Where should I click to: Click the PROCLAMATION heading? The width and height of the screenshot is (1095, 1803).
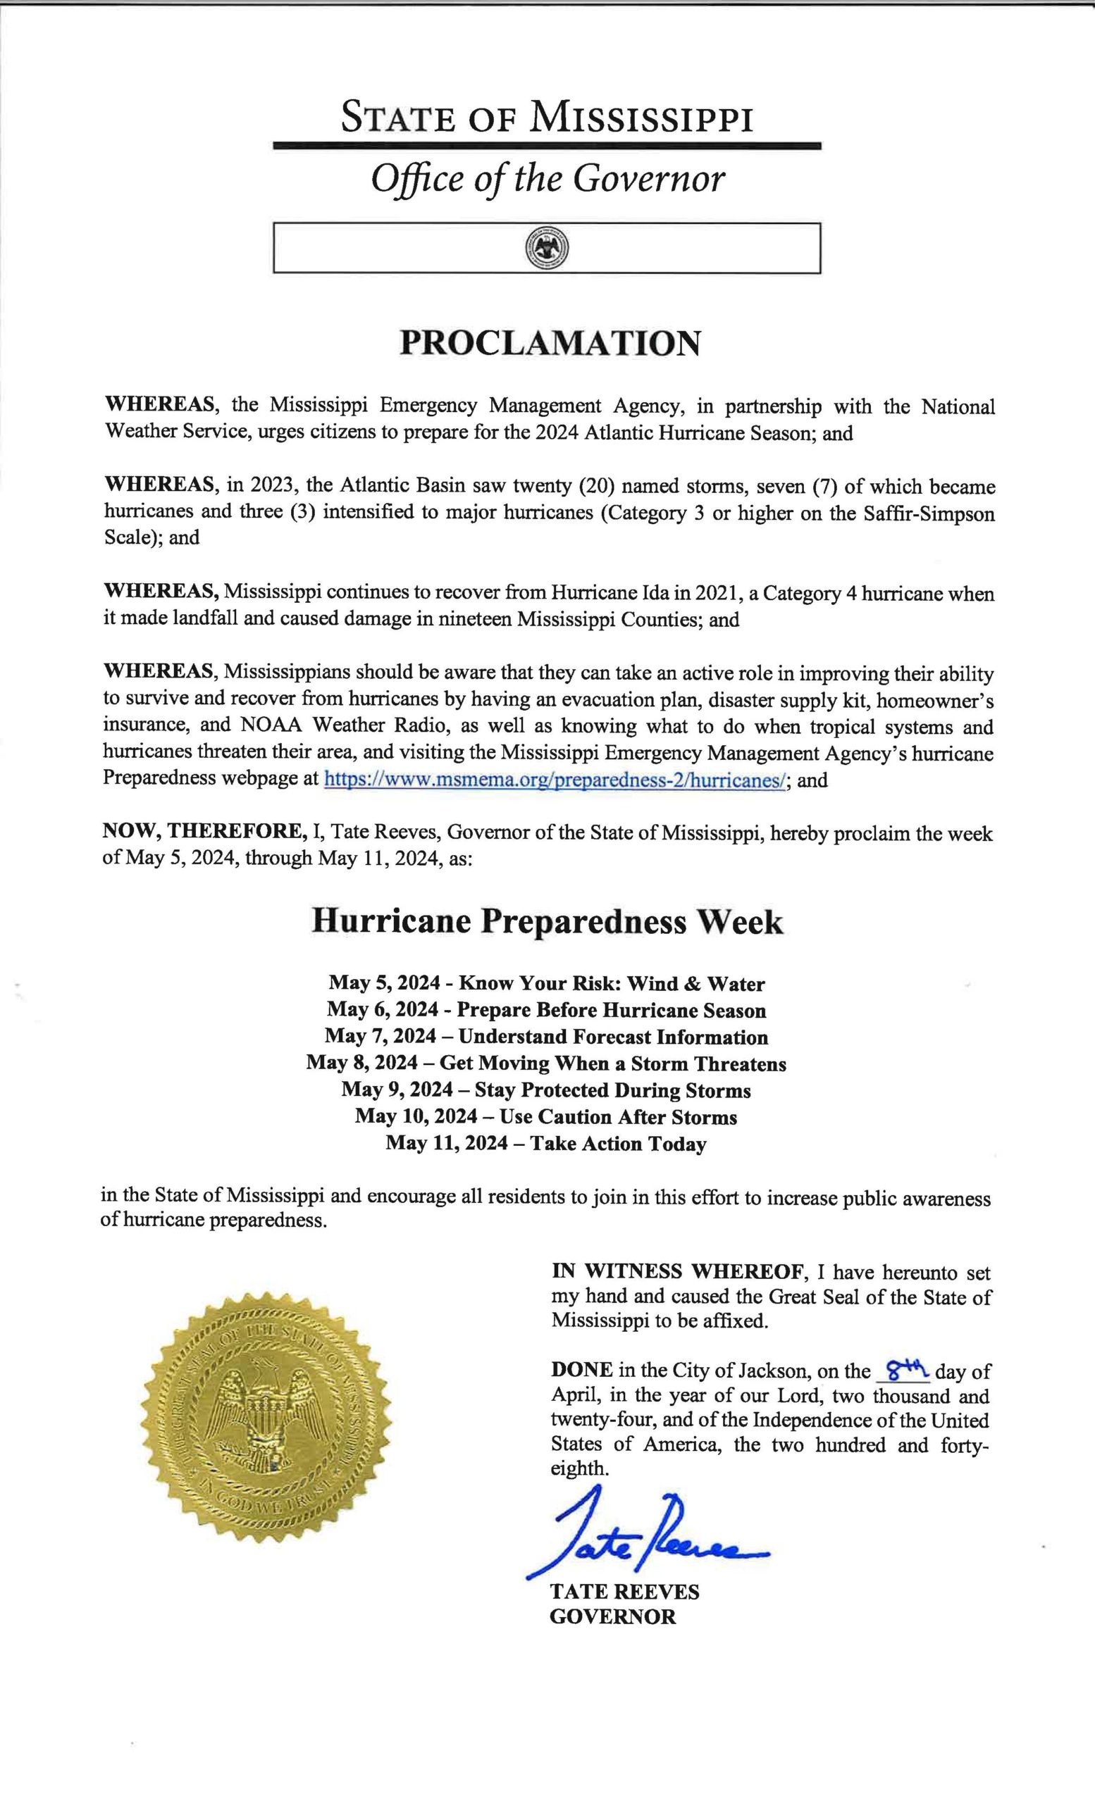550,343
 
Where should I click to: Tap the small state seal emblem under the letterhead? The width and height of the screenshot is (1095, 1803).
547,248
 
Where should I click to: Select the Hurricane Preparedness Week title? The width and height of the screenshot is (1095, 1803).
547,921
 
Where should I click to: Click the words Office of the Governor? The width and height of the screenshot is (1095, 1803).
547,180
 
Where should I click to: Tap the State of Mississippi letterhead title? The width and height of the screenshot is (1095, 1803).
547,118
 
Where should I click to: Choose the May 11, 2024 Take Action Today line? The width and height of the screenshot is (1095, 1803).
546,1144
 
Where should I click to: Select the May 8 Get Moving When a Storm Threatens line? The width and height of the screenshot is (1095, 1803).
546,1064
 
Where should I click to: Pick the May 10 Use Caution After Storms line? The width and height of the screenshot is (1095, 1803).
546,1117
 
